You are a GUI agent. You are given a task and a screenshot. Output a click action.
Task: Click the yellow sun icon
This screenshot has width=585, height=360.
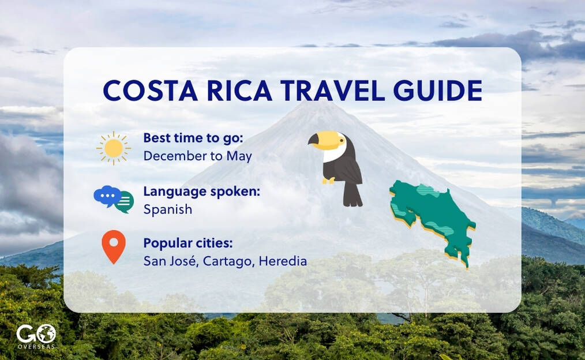point(114,148)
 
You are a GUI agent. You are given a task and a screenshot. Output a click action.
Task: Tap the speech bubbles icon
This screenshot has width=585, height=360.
point(114,199)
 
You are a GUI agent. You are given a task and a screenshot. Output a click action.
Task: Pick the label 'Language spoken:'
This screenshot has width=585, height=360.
point(201,191)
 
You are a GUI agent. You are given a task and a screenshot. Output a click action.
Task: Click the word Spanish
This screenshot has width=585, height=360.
point(168,209)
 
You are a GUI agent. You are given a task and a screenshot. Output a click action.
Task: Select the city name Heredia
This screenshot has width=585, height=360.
point(283,261)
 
